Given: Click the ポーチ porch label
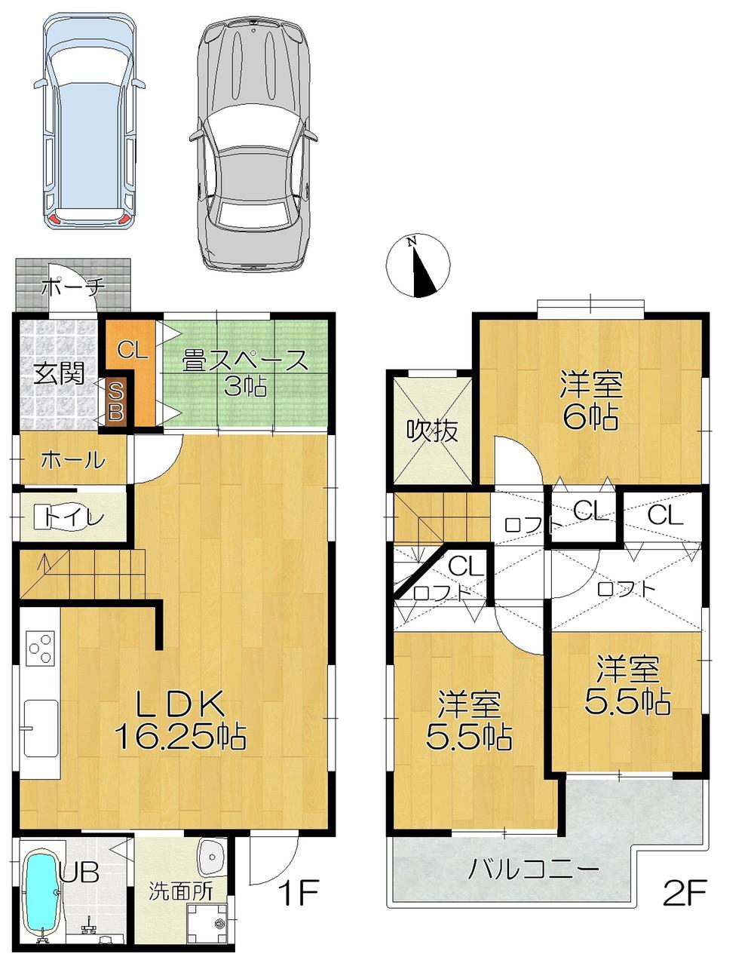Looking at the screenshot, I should point(72,288).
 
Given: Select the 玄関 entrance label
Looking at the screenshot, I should point(58,374).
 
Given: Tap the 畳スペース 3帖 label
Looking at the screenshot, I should point(246,373).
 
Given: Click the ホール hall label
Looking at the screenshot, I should point(72,459).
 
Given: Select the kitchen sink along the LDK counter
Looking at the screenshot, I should point(41,728).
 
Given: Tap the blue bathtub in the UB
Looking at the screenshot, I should point(42,894).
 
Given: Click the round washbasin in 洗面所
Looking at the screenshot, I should point(210,856).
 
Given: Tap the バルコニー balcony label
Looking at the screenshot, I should point(534,869).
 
